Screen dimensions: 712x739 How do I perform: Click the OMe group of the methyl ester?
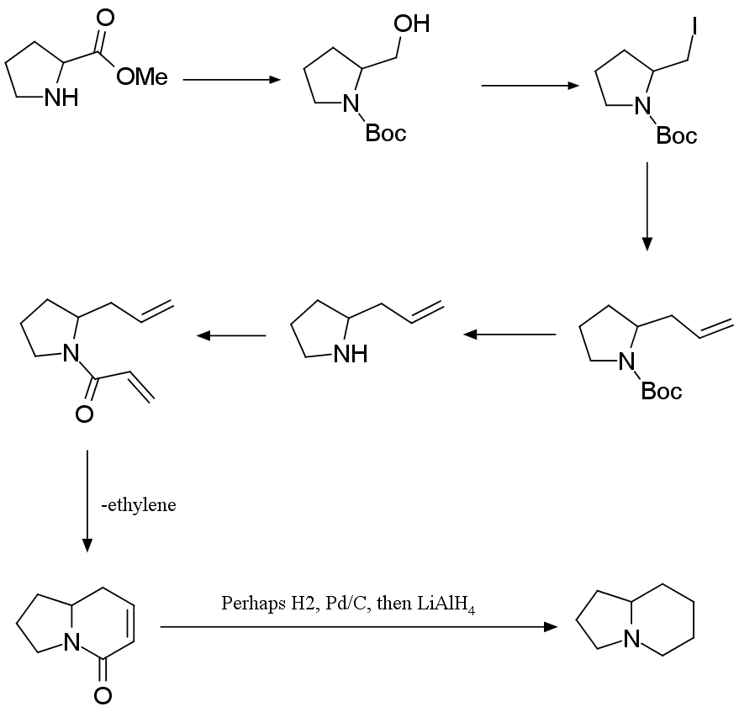(142, 78)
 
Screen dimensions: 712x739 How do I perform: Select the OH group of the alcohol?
(411, 24)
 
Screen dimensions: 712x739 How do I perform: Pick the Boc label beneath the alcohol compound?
(386, 133)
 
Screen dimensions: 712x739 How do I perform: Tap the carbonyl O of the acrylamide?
(83, 414)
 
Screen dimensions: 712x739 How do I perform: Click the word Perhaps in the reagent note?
(248, 604)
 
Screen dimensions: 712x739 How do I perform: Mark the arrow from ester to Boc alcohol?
(231, 80)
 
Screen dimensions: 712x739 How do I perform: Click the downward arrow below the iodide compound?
(647, 206)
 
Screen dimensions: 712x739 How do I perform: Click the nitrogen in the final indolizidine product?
(631, 642)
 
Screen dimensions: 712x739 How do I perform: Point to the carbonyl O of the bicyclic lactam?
(103, 695)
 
